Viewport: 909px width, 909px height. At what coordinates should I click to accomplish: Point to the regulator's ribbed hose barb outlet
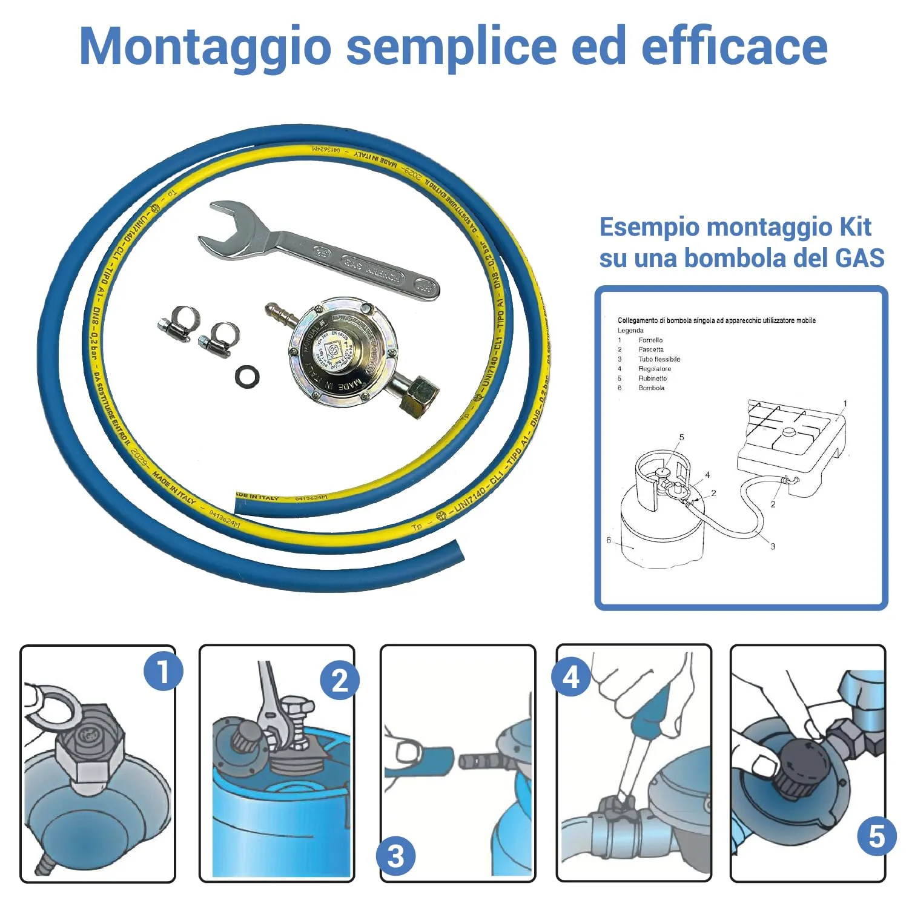[x=280, y=315]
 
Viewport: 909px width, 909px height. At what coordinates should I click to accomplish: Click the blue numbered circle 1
[x=163, y=671]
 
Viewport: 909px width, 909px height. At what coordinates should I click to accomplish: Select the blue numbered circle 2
[x=340, y=681]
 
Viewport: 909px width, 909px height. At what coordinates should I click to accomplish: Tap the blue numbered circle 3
[x=395, y=856]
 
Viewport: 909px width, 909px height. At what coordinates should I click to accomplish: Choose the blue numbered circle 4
[x=571, y=677]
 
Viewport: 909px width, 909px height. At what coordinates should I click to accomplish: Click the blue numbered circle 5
[x=876, y=836]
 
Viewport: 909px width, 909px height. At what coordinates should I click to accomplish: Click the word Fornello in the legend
[x=650, y=340]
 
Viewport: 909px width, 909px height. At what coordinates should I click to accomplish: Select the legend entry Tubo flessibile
[x=659, y=359]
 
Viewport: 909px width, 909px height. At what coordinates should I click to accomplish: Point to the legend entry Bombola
[x=651, y=388]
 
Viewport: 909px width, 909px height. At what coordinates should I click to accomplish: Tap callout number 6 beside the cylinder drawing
[x=609, y=540]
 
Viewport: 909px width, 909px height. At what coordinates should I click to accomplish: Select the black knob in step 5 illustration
[x=799, y=767]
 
